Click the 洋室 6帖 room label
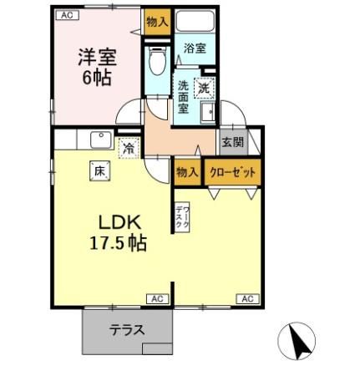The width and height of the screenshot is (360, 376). tap(96, 66)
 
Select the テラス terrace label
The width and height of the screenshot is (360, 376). tap(127, 329)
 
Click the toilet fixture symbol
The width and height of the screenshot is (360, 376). tap(155, 60)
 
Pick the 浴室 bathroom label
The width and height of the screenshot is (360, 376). tap(195, 48)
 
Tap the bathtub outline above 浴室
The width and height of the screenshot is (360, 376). tap(196, 23)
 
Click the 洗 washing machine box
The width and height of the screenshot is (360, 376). tap(204, 85)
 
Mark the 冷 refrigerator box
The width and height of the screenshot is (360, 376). tap(128, 148)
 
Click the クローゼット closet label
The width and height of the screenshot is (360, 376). tap(231, 171)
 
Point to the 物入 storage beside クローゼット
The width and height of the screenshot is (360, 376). tap(186, 171)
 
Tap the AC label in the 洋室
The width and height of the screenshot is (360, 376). tap(66, 15)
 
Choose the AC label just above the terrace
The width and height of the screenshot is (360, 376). tap(156, 298)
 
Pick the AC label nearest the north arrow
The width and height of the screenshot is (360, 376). tap(247, 298)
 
